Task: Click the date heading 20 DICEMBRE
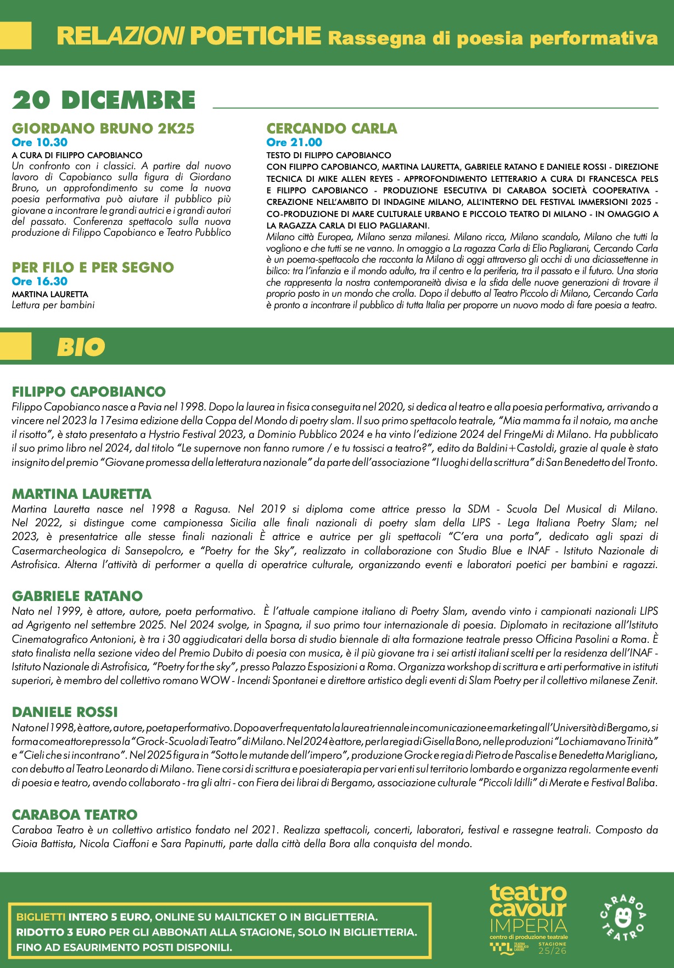104,101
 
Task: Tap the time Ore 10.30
40,142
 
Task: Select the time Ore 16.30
40,281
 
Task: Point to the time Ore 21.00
294,142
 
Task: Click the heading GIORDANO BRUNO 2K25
103,129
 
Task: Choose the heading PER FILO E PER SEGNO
93,268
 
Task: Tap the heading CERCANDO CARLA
332,129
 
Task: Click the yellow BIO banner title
81,347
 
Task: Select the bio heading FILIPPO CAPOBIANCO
89,392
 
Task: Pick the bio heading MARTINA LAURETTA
82,494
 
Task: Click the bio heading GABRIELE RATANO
77,596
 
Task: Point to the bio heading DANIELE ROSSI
65,712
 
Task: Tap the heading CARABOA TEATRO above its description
75,815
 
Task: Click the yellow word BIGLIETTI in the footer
41,917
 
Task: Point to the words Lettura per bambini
53,305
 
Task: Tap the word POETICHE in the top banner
255,36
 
